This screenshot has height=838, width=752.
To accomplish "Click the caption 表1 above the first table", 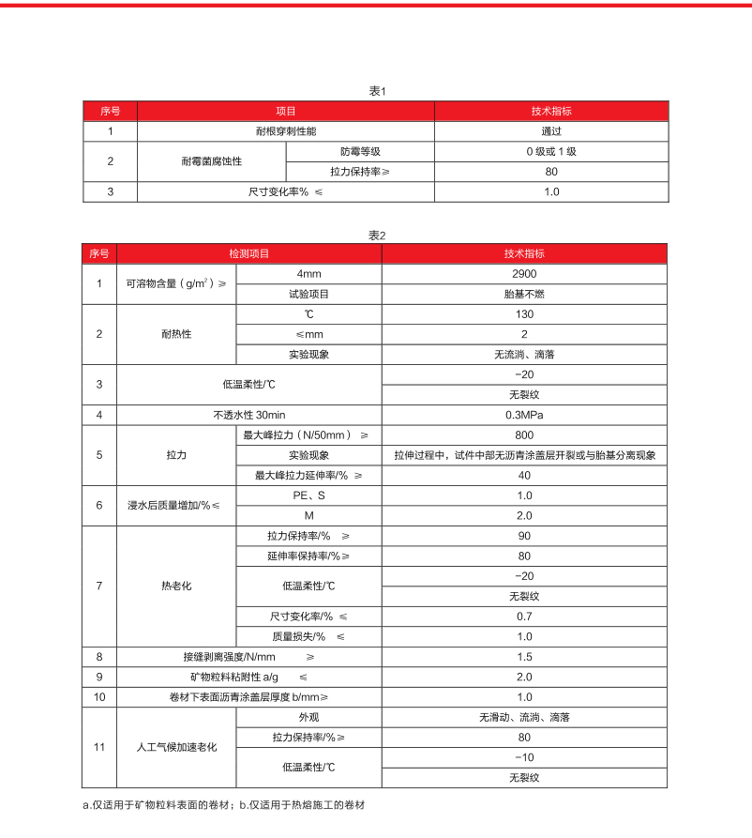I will [x=377, y=91].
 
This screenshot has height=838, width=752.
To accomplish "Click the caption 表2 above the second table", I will [x=377, y=235].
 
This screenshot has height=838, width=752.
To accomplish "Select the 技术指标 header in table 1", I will [x=551, y=111].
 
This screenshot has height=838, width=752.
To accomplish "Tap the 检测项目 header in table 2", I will [x=248, y=253].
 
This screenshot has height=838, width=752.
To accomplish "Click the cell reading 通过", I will [x=551, y=131].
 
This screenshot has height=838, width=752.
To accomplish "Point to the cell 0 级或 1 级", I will [x=551, y=151].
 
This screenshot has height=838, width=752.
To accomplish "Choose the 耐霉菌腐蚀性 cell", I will [x=211, y=161].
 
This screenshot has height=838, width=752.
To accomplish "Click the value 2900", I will [x=524, y=273].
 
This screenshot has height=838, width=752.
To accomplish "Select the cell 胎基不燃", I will [x=524, y=293].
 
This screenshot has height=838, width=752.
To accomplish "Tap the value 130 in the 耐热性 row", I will [x=524, y=313].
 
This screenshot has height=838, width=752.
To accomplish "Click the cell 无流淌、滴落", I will [x=524, y=354].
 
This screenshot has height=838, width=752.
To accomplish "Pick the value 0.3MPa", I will [x=524, y=414].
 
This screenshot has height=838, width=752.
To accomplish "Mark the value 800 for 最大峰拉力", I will [x=524, y=434].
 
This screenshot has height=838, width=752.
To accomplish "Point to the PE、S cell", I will [x=308, y=495].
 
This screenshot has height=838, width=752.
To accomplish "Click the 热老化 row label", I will [x=175, y=586].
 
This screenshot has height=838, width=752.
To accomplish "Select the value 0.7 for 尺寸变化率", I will [x=524, y=616].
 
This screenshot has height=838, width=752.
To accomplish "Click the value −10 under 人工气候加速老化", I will [x=524, y=757].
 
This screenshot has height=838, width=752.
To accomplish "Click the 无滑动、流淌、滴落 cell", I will [x=524, y=717].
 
